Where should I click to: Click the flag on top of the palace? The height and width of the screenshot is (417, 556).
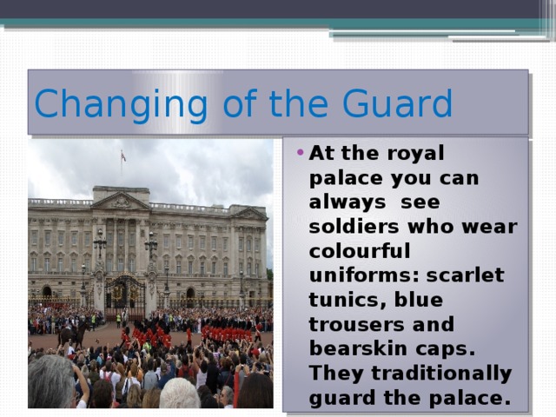click(x=123, y=156)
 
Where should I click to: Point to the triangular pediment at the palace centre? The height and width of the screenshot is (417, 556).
click(x=121, y=201)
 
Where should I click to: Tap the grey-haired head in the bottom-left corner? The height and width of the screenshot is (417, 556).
click(x=51, y=382)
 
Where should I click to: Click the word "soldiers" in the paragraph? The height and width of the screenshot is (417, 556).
click(x=345, y=227)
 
